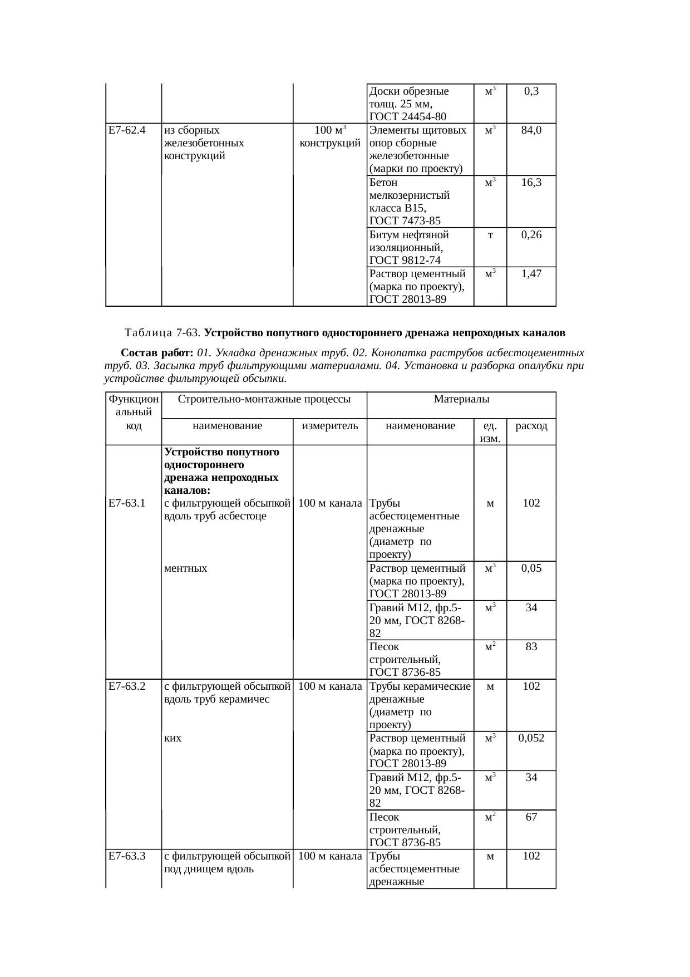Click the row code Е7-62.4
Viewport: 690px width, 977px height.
coord(127,131)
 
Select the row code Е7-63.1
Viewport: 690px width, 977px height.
coord(127,503)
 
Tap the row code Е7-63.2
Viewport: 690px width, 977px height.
coord(127,686)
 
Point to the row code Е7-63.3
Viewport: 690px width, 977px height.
coord(127,856)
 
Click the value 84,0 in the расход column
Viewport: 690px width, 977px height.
coord(531,131)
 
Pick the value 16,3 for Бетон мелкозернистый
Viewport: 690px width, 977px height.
coord(531,183)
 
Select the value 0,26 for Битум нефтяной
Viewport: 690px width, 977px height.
coord(531,235)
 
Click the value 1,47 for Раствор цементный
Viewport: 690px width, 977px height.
coord(531,274)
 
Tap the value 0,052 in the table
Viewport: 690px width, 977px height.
coord(531,738)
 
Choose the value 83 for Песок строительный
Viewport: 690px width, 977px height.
coord(531,647)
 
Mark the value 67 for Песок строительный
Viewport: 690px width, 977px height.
coord(531,817)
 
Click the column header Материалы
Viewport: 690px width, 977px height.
coord(461,399)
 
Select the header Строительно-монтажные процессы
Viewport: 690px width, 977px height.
coord(264,399)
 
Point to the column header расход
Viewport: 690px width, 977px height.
coord(531,426)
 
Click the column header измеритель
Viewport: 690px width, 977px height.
coord(330,426)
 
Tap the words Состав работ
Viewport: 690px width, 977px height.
coord(157,353)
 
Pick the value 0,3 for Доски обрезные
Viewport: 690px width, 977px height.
coord(531,91)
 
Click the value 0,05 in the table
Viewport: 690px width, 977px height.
coord(531,568)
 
